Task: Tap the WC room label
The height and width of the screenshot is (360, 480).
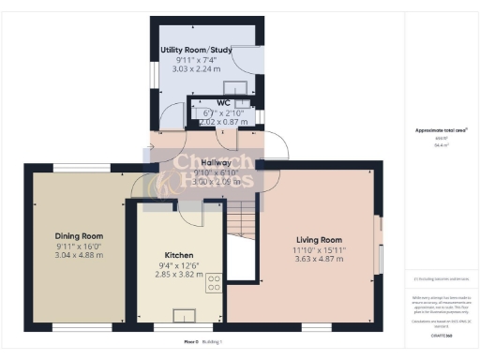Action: (223, 102)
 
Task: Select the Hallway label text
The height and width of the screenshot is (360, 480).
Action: (217, 162)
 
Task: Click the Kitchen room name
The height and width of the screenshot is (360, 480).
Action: (178, 254)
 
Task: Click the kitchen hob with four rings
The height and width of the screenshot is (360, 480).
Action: (214, 281)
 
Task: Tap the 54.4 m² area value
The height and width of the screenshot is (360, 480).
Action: (438, 145)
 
